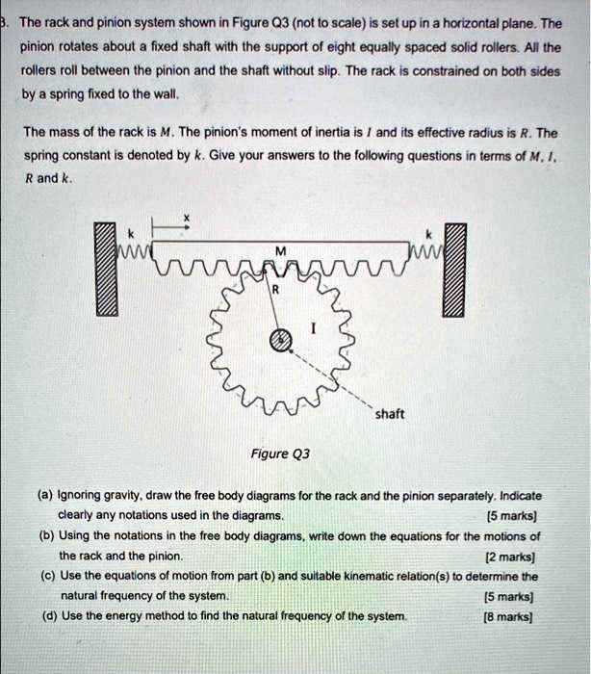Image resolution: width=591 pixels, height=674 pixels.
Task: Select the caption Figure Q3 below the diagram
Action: (281, 454)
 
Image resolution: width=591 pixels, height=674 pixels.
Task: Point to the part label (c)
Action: (46, 576)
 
